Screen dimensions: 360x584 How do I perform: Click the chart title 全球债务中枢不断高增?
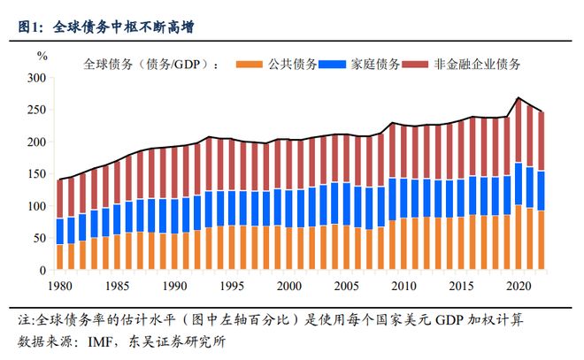pyautogui.click(x=125, y=27)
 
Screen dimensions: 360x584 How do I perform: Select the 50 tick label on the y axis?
pyautogui.click(x=38, y=238)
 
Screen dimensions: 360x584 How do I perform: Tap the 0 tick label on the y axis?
pyautogui.click(x=42, y=270)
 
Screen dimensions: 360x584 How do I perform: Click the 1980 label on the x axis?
pyautogui.click(x=59, y=286)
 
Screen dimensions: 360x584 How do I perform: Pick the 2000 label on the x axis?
pyautogui.click(x=288, y=286)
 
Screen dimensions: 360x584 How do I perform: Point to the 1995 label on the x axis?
pyautogui.click(x=231, y=286)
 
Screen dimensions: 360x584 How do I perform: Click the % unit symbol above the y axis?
pyautogui.click(x=42, y=55)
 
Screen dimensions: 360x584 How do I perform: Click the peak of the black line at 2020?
pyautogui.click(x=519, y=98)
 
